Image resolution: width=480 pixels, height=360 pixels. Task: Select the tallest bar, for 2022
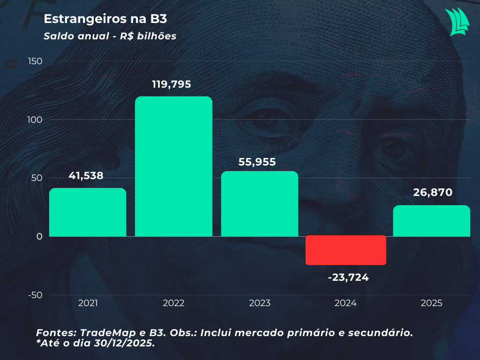pos(173,166)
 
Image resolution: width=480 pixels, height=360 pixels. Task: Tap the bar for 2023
pos(260,204)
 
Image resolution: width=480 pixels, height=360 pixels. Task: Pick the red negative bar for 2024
pos(346,250)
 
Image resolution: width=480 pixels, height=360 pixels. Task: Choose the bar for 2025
pos(431,221)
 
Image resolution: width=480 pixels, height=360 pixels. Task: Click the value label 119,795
pos(172,84)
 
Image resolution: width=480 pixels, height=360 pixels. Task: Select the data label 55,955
pos(257,162)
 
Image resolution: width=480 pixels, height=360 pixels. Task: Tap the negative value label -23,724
pos(348,277)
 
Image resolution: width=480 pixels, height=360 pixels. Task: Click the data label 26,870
pos(432,192)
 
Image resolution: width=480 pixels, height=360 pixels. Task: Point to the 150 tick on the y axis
pos(35,61)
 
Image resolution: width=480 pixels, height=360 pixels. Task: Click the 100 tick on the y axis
pos(35,120)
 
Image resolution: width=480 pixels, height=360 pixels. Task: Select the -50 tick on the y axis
pos(35,295)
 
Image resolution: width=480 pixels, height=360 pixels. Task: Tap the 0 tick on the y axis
pos(39,236)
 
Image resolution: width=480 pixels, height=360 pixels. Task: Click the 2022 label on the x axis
pos(173,303)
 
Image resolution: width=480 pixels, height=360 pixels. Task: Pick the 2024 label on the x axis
pos(345,303)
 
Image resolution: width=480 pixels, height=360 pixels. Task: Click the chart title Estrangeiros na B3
pos(105,19)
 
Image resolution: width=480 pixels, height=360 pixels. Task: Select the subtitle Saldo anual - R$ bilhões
pos(110,36)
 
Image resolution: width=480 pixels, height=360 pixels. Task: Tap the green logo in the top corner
pos(457,22)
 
